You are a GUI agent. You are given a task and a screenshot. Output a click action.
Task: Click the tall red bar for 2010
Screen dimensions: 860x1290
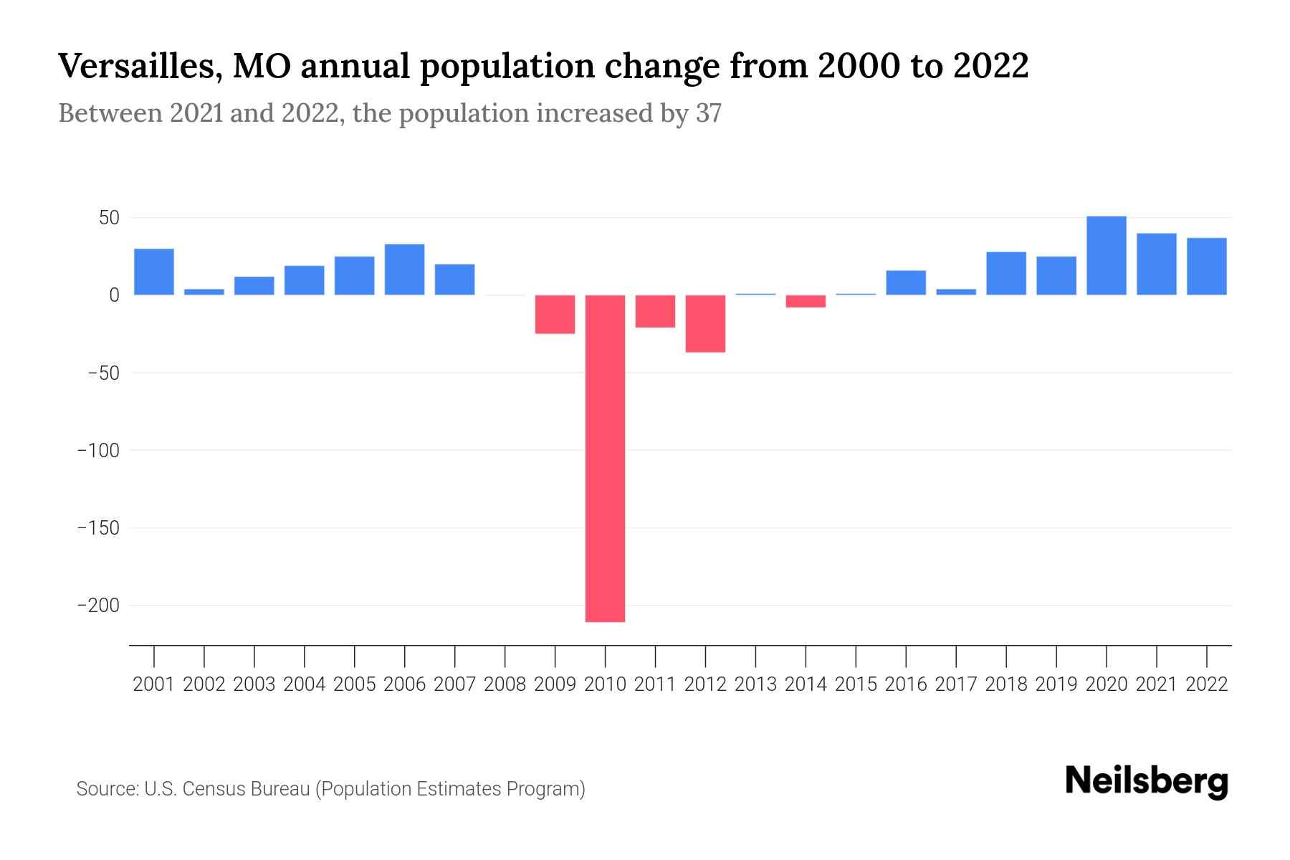(x=605, y=459)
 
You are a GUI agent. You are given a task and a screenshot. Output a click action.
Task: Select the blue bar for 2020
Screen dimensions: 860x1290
(x=1106, y=256)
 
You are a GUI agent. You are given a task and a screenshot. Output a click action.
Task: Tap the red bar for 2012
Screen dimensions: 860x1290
(x=705, y=323)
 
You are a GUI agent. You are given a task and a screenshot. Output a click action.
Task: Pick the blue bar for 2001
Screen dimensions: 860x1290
(x=154, y=272)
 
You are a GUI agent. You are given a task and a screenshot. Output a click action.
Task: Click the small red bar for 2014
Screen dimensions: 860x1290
(x=806, y=301)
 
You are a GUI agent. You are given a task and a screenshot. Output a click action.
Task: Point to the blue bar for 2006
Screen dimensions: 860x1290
(x=404, y=269)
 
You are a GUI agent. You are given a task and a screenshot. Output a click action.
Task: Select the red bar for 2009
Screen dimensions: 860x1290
(x=555, y=314)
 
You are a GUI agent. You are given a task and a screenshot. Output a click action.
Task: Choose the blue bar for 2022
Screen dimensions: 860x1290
(x=1206, y=267)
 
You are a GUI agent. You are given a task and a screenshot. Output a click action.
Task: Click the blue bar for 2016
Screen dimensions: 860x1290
(x=906, y=282)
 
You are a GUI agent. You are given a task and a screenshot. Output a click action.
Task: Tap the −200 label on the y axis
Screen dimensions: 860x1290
(x=99, y=606)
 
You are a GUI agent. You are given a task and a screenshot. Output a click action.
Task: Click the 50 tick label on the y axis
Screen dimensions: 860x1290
(x=109, y=218)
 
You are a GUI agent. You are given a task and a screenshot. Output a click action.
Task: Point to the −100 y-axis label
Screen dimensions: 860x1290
(x=99, y=450)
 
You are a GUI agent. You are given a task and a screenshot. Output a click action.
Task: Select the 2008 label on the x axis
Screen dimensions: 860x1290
(x=505, y=684)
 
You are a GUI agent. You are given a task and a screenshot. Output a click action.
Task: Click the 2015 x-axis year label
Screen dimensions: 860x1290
(x=856, y=684)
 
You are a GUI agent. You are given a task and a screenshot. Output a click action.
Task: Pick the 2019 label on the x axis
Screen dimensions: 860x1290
(x=1056, y=684)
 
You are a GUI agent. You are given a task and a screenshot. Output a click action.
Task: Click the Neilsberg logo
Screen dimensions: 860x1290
(x=1147, y=781)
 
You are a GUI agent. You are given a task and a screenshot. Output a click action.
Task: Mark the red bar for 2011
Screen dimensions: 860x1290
(x=655, y=311)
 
